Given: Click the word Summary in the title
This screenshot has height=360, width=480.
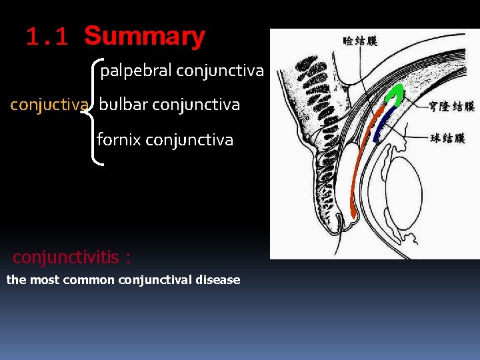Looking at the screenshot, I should point(145,36).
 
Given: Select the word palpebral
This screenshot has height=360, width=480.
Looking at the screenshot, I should point(136,71).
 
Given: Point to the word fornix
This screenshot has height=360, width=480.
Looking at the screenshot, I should point(118,139).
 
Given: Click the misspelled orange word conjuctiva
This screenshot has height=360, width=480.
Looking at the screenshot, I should point(49,105).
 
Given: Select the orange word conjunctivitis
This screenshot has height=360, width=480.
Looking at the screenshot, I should point(66,257).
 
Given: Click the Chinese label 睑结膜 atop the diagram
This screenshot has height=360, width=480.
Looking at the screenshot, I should point(360,41).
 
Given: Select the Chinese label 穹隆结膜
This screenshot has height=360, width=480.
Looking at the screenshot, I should point(453,106).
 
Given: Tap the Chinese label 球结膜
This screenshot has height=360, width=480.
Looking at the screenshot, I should point(447,139).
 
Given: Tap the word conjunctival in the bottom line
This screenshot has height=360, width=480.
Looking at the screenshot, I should point(153,280).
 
